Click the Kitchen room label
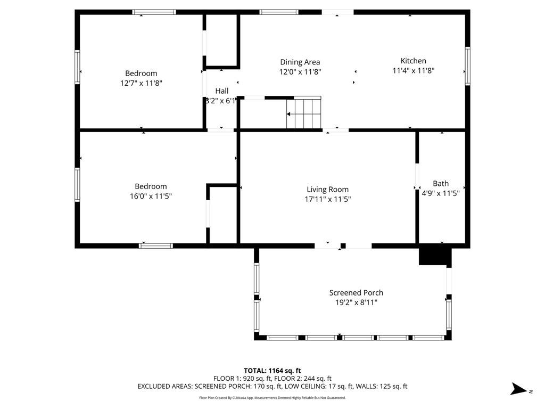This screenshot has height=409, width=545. coord(413,61)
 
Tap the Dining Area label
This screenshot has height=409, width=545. coord(300,62)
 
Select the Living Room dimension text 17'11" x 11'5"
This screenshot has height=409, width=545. coord(327,199)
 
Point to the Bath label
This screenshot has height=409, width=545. coord(441,183)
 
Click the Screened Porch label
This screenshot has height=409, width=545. coord(356,292)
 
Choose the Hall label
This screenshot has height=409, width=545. coord(221,91)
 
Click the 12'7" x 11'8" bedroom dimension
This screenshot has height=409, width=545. coord(141,83)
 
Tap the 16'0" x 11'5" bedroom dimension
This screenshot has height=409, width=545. coord(151,196)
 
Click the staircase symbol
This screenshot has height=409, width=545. coord(304,113)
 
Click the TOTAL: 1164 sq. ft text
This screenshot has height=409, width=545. coord(272,370)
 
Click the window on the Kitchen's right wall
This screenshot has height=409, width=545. coord(467,66)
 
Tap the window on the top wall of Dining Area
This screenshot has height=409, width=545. coord(279,12)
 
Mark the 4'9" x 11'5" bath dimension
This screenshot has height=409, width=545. coord(441,193)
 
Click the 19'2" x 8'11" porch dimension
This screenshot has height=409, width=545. coord(356,302)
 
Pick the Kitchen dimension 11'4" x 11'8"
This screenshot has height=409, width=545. coord(414,70)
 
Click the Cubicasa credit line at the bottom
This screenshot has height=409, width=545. coord(272,398)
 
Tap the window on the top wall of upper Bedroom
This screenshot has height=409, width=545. coord(154,12)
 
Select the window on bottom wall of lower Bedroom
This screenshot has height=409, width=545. coord(156,246)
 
